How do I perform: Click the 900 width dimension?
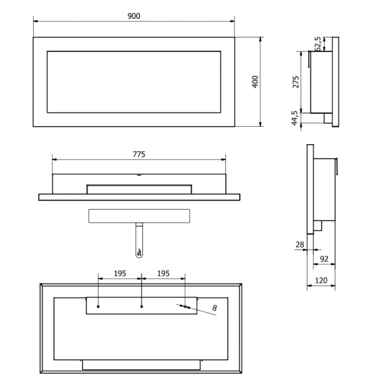tap(134, 16)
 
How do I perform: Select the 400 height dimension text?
tap(254, 81)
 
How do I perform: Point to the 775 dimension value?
tap(139, 154)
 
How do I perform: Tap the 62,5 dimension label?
tap(318, 43)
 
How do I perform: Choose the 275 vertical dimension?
tap(295, 82)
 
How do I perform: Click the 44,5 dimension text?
tap(295, 119)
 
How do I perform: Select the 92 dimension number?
tap(324, 258)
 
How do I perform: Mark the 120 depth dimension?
tap(321, 281)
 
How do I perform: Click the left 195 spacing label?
tap(120, 273)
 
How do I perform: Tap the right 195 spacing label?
tap(163, 273)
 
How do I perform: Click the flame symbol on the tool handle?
tap(139, 253)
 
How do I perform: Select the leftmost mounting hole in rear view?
tap(99, 307)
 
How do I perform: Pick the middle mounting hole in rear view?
tap(141, 307)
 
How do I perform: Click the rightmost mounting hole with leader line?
tap(185, 307)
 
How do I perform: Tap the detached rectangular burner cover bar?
tap(139, 216)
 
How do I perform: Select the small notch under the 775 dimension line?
tap(139, 174)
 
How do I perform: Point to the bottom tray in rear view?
tap(141, 364)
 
